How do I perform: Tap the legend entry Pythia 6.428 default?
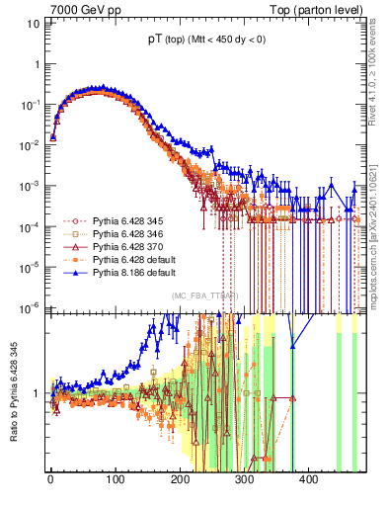(122, 258)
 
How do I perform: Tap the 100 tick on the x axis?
(115, 479)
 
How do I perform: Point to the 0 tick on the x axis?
(50, 479)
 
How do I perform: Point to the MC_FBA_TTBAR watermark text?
(205, 295)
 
